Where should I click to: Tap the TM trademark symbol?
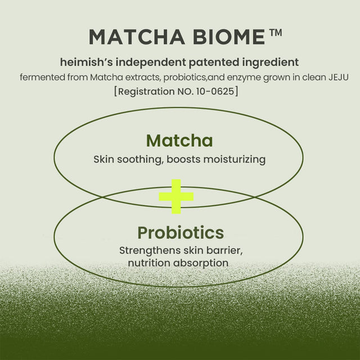[x=274, y=33]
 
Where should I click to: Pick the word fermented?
[x=42, y=76]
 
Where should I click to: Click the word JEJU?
[x=330, y=76]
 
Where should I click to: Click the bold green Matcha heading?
[x=179, y=140]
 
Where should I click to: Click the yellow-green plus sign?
[x=176, y=196]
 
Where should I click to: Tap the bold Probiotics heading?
[x=180, y=232]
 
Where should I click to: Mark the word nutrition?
[x=148, y=263]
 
